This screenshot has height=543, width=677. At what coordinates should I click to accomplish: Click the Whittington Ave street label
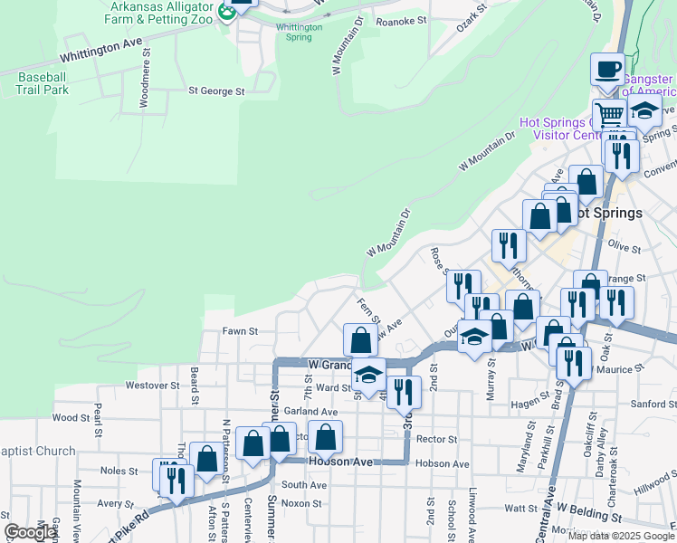pyautogui.click(x=104, y=43)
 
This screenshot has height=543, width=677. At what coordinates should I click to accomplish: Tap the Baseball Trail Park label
pyautogui.click(x=43, y=84)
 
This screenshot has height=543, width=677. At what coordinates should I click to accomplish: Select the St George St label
pyautogui.click(x=216, y=91)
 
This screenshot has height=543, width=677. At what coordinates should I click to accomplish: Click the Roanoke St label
pyautogui.click(x=400, y=21)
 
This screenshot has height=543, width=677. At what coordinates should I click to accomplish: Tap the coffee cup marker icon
pyautogui.click(x=608, y=69)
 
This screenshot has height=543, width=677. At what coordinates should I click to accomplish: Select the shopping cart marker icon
pyautogui.click(x=610, y=115)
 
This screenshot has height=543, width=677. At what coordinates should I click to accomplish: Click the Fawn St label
pyautogui.click(x=241, y=332)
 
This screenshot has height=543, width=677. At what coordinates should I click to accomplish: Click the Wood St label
pyautogui.click(x=65, y=418)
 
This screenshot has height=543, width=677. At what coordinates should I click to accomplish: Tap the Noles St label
pyautogui.click(x=119, y=471)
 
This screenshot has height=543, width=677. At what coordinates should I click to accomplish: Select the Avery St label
pyautogui.click(x=115, y=504)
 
